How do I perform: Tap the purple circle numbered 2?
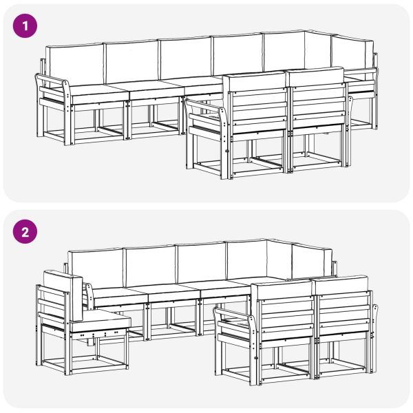coord(26,231)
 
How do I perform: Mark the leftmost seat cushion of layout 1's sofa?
coord(96,90)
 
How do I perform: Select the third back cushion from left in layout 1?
coord(184,59)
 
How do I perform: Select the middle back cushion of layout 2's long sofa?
coord(201,262)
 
